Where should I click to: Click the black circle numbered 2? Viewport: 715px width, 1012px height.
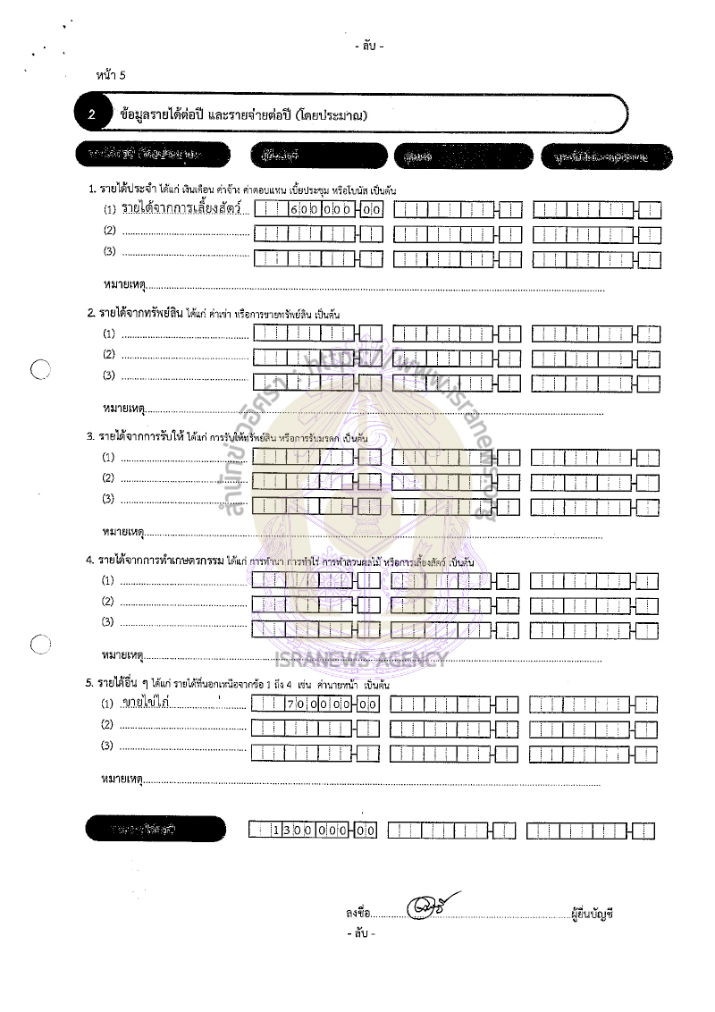[x=93, y=114]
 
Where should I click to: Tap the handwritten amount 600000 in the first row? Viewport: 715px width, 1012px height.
[x=321, y=211]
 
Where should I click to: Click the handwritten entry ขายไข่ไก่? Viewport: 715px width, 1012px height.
[x=147, y=703]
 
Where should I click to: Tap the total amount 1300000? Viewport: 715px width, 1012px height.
[x=312, y=831]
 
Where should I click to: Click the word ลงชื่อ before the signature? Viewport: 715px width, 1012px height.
[x=357, y=913]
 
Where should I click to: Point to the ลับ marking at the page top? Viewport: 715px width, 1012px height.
[x=368, y=46]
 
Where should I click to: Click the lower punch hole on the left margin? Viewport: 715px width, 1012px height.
[x=40, y=645]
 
